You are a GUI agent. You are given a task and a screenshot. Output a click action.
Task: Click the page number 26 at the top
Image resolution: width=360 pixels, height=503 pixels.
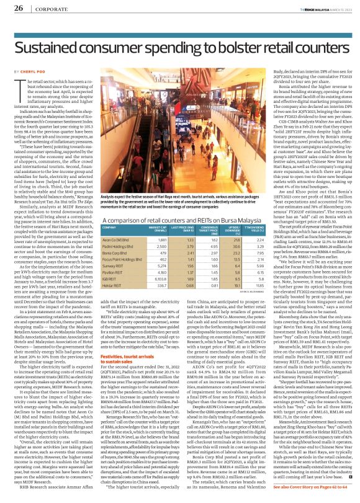(18, 8)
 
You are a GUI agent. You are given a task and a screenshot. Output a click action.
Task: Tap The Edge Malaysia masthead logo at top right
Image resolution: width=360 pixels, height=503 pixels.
(313, 7)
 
